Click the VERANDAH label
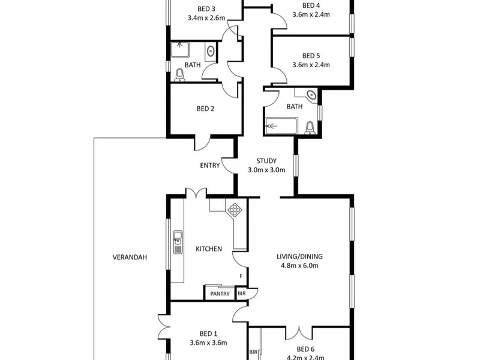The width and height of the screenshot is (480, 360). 130,257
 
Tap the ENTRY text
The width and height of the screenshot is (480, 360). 210,166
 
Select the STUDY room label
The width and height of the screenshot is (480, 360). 266,161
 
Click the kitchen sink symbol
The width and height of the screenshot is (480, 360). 178,242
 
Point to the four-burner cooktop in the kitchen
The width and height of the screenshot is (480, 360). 235,210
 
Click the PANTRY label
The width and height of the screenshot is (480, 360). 220,294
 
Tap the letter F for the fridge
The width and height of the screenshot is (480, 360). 241,276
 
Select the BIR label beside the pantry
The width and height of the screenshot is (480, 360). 242,293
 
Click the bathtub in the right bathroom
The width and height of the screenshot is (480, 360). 281,126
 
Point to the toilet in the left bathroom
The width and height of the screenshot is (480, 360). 179,75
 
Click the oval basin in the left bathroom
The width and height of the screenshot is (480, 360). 211,51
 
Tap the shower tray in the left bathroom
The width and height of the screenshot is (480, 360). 179,50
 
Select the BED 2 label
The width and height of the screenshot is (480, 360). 205,109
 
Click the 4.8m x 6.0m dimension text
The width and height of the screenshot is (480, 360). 299,265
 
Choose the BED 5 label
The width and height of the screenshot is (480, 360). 311,56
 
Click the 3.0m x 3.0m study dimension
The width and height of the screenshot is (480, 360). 266,170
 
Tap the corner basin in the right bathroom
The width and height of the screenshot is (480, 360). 311,95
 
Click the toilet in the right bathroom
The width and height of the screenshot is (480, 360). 310,128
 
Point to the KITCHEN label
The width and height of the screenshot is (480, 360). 209,249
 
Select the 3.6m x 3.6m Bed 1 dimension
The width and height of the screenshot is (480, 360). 208,343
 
